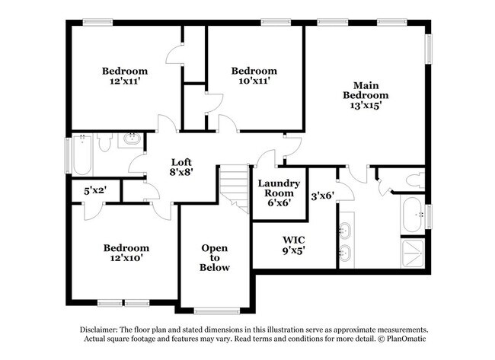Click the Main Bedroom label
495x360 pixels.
point(366,91)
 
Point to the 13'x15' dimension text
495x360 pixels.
point(366,106)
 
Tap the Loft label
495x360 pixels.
point(180,161)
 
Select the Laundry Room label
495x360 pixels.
point(278,188)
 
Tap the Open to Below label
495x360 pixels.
point(215,258)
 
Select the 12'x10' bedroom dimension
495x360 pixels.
point(126,258)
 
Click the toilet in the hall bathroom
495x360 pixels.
point(104,141)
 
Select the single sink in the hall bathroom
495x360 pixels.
point(133,139)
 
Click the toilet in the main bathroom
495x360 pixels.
point(413,181)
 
